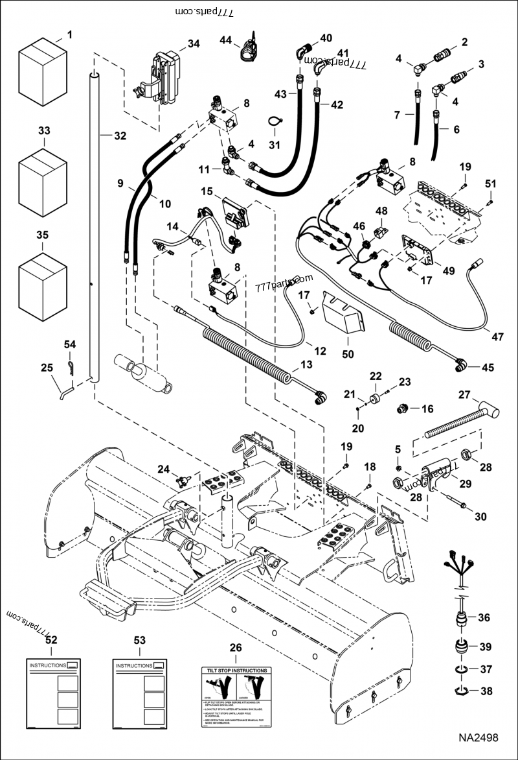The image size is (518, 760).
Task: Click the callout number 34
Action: point(194,43)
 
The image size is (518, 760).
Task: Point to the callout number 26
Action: point(236,648)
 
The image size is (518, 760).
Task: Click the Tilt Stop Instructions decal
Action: point(236,698)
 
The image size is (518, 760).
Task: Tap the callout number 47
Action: point(497,337)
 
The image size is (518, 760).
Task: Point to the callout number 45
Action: point(486,367)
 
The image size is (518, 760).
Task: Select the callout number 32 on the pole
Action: point(120,136)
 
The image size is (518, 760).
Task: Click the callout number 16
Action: point(427,409)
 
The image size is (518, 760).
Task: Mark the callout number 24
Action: point(164,469)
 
